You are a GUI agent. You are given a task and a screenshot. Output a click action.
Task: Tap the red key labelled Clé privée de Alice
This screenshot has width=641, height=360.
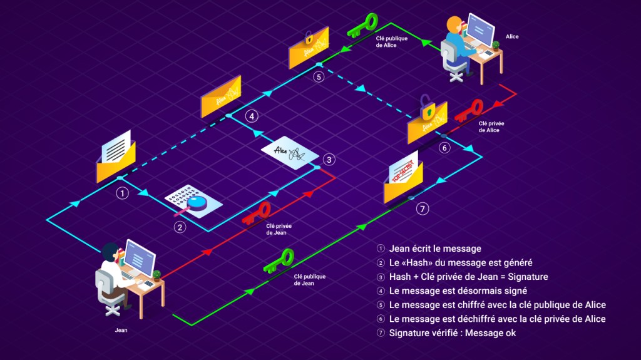tap(468, 110)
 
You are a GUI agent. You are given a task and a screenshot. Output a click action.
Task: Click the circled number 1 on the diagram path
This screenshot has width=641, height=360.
tap(123, 193)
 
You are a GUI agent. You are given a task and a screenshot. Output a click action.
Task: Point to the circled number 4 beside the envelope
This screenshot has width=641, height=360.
tap(251, 116)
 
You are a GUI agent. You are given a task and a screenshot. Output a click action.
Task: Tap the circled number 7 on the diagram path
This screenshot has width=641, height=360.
tap(423, 209)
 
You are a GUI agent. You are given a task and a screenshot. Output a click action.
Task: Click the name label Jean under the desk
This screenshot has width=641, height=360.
tap(121, 330)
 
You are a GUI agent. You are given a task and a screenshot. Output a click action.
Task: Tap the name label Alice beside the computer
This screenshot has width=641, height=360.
tap(512, 36)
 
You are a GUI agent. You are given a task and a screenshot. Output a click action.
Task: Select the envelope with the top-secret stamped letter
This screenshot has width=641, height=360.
tap(403, 177)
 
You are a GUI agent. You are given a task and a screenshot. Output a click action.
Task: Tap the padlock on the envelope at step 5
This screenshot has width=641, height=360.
tap(308, 36)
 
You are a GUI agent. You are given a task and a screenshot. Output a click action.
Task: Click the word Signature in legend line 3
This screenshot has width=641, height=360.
tap(527, 277)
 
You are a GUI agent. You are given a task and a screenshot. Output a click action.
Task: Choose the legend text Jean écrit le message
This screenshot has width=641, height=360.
tap(435, 249)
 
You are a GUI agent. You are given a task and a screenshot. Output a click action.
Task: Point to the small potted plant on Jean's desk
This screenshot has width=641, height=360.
tap(156, 275)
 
